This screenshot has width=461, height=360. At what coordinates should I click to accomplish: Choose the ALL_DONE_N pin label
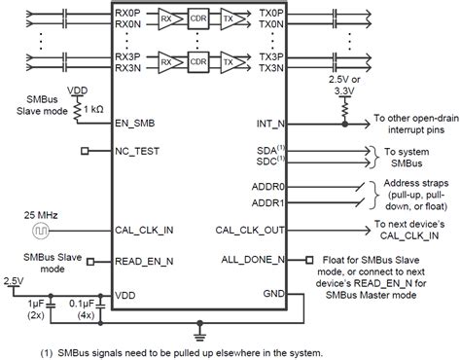coord(256,260)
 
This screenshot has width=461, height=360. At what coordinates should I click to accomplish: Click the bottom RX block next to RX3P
coord(168,62)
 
